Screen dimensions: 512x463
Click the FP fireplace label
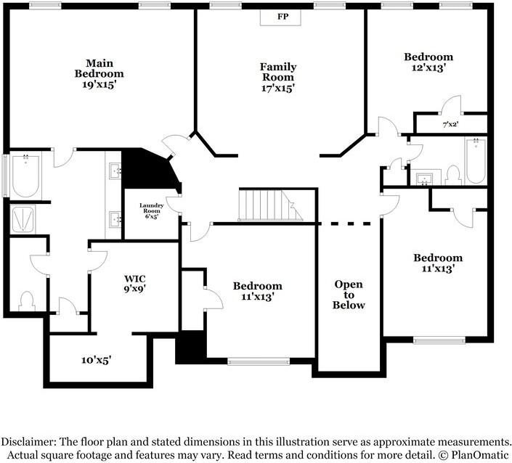click(283, 16)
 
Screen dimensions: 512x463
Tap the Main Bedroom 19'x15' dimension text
click(99, 85)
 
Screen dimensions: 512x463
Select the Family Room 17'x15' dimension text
click(278, 88)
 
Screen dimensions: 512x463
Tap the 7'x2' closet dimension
click(450, 124)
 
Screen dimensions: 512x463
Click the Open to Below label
click(349, 295)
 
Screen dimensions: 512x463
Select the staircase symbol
click(271, 205)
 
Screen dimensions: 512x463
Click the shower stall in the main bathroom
click(23, 219)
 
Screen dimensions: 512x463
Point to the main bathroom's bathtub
click(25, 176)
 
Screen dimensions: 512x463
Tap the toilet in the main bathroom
click(26, 301)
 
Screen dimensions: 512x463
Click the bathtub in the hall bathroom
click(476, 161)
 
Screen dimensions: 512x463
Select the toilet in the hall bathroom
click(454, 176)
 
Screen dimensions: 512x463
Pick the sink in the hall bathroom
click(425, 179)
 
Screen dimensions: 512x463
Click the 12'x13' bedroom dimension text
click(429, 68)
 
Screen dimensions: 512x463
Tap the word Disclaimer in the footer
click(28, 442)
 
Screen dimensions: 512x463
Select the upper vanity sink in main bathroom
click(115, 171)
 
